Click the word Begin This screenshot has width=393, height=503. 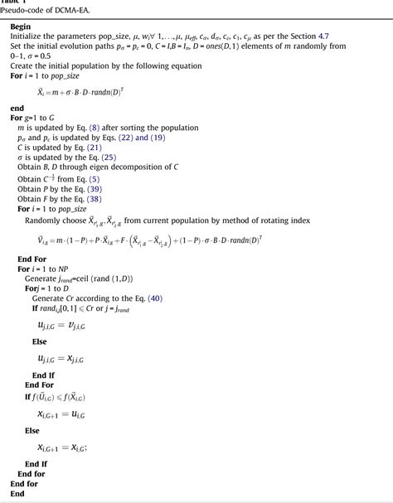pyautogui.click(x=21, y=27)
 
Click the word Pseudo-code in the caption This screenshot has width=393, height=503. pyautogui.click(x=26, y=10)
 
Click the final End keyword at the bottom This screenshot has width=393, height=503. pyautogui.click(x=17, y=493)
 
